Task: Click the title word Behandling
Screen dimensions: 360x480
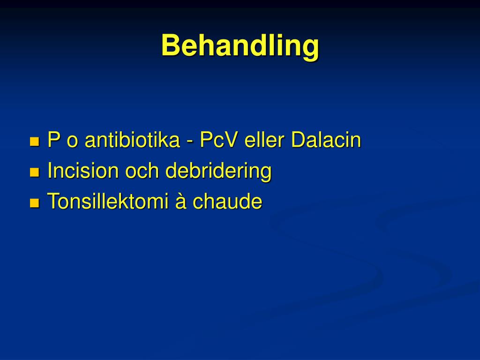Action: [x=240, y=46]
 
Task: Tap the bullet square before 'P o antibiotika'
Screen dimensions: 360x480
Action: [x=34, y=142]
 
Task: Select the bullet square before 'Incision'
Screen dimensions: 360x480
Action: [x=34, y=172]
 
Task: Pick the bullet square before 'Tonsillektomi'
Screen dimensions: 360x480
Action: [x=34, y=203]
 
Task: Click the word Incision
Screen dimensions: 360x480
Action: [x=83, y=171]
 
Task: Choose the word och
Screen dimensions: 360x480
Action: [x=142, y=171]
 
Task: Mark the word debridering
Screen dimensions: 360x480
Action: [x=218, y=172]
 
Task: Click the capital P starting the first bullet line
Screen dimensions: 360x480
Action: [x=53, y=141]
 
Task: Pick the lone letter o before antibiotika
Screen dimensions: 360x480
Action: [x=72, y=142]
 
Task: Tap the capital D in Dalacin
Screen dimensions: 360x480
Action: [x=298, y=141]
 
